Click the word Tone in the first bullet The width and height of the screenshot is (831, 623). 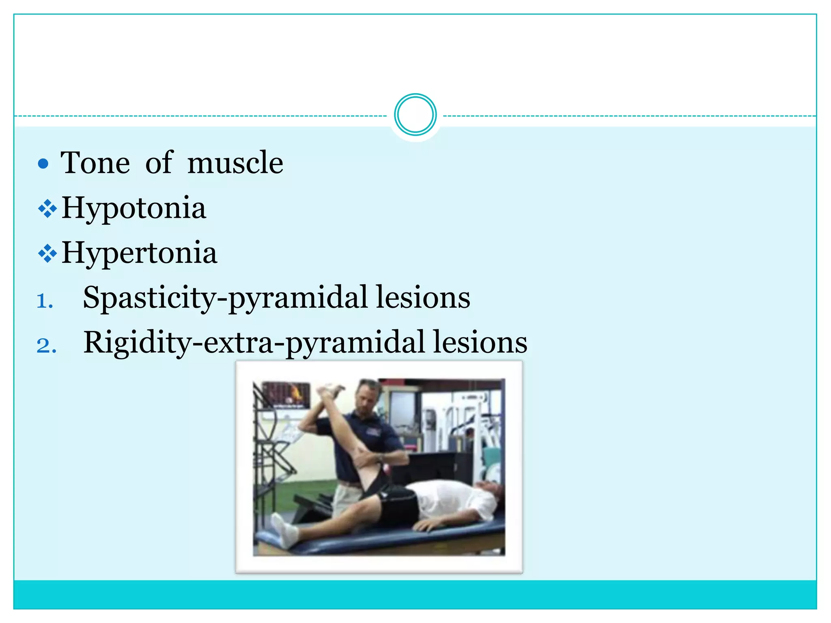(x=95, y=163)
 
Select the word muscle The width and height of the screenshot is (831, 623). (x=235, y=163)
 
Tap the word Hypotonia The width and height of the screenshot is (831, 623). (x=133, y=208)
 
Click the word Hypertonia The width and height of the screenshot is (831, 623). (x=139, y=253)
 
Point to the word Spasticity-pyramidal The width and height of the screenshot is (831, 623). (x=224, y=298)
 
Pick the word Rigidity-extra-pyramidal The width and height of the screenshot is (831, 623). (x=254, y=343)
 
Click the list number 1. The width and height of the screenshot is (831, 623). (x=45, y=301)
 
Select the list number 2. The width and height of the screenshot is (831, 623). (x=46, y=346)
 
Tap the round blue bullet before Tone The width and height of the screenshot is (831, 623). (x=43, y=164)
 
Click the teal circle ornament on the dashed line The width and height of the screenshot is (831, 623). (x=415, y=115)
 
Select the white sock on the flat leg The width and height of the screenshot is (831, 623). (x=284, y=529)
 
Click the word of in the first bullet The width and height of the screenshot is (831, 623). (x=159, y=163)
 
